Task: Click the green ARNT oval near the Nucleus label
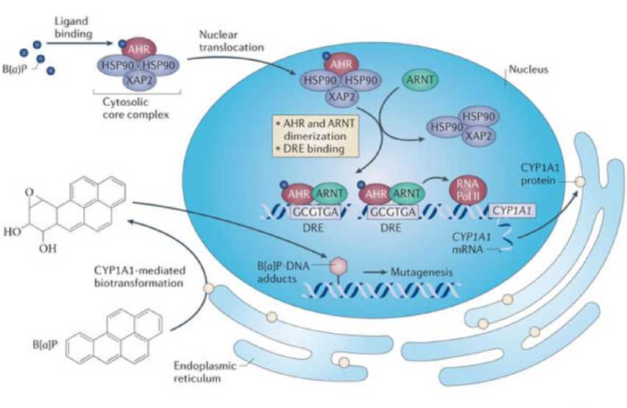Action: (420, 80)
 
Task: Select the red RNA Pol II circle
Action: (468, 190)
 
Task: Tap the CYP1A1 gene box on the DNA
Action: (513, 211)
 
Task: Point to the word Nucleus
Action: (528, 70)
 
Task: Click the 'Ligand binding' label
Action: (73, 27)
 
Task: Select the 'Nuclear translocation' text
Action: (231, 40)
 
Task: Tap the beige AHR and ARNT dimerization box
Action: (315, 136)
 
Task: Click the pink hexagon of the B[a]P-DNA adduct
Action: (339, 267)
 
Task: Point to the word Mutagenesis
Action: (422, 273)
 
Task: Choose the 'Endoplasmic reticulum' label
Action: (205, 372)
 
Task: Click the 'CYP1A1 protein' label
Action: (539, 174)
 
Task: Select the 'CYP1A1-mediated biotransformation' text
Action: (140, 276)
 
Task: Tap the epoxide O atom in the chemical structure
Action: (29, 192)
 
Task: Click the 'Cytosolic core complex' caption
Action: (135, 108)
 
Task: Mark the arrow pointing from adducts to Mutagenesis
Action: (375, 273)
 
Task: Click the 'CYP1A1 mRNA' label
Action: (472, 243)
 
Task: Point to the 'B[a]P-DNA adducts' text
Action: (283, 272)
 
